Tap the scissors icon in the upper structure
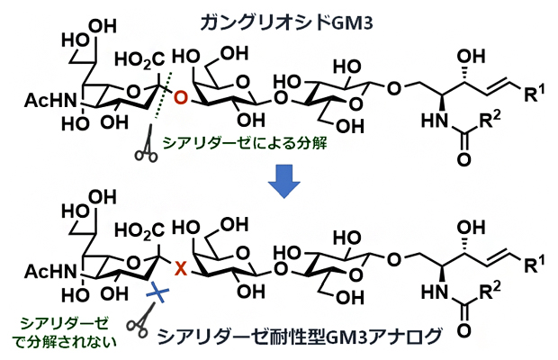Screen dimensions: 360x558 [143, 152]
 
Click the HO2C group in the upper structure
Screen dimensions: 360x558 [135, 61]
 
